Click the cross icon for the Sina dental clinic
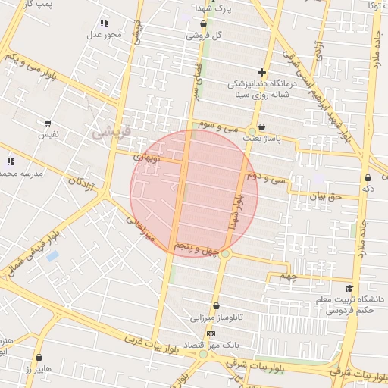tap(261, 72)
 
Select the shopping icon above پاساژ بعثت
tap(262, 127)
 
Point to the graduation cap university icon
tap(349, 288)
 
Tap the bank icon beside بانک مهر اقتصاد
tap(211, 333)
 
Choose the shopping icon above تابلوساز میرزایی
tap(217, 306)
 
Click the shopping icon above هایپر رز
tap(39, 357)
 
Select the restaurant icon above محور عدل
tap(104, 23)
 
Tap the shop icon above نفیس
tap(48, 123)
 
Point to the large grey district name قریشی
tap(111, 132)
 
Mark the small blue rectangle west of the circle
tap(52, 256)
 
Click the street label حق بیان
tap(326, 196)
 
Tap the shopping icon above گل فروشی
tap(203, 24)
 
